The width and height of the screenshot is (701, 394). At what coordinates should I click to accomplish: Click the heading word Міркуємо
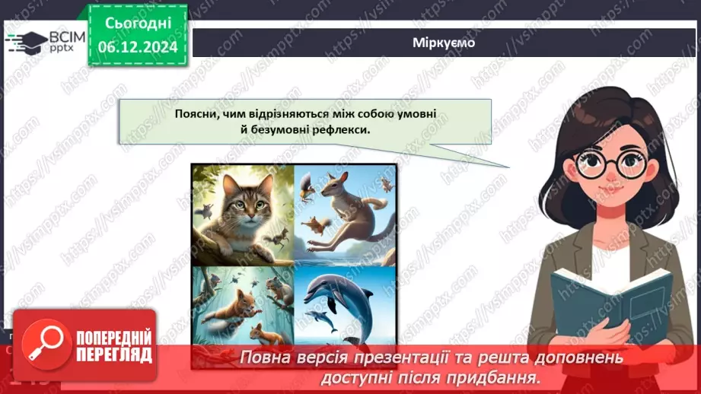tap(445, 43)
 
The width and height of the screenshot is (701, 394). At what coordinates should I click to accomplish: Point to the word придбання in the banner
tap(504, 377)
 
